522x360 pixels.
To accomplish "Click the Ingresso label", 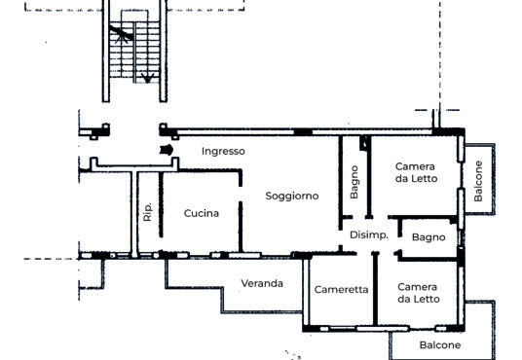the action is (x=223, y=152).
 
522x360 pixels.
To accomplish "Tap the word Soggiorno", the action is (x=292, y=196).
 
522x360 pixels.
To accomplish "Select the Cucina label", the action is (x=202, y=213).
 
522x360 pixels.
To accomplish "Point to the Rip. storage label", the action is (x=147, y=211).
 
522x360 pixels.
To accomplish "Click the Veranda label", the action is (x=262, y=283).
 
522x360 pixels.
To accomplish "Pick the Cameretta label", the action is (x=341, y=290).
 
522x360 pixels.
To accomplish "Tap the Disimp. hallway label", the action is (x=369, y=235).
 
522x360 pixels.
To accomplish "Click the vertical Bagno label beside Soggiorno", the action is (x=354, y=182).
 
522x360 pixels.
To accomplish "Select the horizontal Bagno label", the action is (x=429, y=237).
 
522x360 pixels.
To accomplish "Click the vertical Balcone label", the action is (x=478, y=181).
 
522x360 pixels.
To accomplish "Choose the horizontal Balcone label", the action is (x=440, y=345).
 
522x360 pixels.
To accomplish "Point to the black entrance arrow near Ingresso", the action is (x=167, y=150).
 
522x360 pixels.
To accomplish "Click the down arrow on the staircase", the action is (x=147, y=78).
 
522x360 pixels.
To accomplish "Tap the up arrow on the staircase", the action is (x=121, y=35).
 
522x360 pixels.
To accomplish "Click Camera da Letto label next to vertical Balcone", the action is (x=416, y=172).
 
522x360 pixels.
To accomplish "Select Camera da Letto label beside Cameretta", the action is (x=419, y=293).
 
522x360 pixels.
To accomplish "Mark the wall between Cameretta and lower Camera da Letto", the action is (x=376, y=288).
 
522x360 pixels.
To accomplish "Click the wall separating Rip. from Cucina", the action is (x=161, y=204).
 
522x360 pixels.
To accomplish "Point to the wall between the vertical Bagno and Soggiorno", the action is (x=341, y=183).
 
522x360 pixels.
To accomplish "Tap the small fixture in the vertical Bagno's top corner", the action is (x=364, y=143).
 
